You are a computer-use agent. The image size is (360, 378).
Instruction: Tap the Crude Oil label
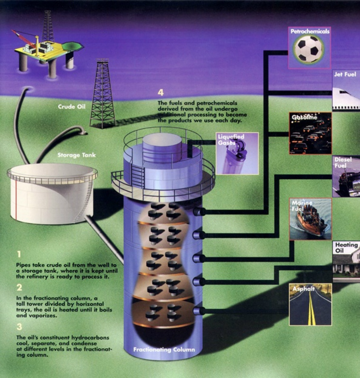tap(70, 107)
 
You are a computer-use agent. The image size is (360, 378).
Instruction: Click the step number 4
tap(161, 93)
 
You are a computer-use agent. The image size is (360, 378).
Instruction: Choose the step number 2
tap(19, 287)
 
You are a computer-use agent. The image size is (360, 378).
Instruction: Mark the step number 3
tap(19, 326)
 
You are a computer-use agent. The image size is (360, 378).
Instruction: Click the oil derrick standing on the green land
tap(103, 94)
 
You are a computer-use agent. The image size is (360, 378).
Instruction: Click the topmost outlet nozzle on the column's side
tap(199, 211)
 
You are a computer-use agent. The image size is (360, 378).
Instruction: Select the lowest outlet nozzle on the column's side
tap(199, 310)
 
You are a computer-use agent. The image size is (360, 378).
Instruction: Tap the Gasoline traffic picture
tap(310, 135)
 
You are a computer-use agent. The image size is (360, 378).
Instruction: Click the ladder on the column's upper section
tap(138, 176)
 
